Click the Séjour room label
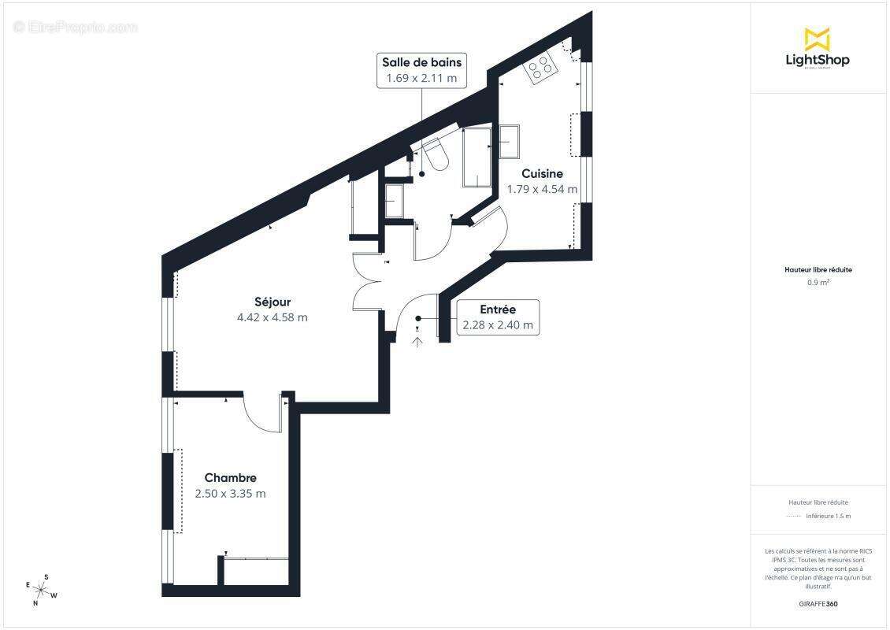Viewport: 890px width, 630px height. pyautogui.click(x=273, y=302)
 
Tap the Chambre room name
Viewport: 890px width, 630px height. pyautogui.click(x=230, y=478)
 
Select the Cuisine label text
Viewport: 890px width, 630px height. pyautogui.click(x=542, y=173)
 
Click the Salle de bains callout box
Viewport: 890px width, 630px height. pyautogui.click(x=421, y=70)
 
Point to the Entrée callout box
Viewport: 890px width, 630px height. pyautogui.click(x=497, y=317)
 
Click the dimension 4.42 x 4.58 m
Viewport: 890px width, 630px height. pyautogui.click(x=273, y=318)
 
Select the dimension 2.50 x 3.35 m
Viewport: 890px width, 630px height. pyautogui.click(x=230, y=494)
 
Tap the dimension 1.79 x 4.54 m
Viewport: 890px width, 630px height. pyautogui.click(x=542, y=189)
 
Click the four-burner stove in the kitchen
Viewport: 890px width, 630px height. pyautogui.click(x=541, y=69)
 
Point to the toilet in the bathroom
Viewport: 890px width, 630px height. pyautogui.click(x=436, y=155)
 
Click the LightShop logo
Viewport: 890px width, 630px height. pyautogui.click(x=818, y=49)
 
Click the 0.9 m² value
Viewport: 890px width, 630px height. pyautogui.click(x=818, y=282)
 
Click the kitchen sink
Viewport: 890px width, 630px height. pyautogui.click(x=508, y=142)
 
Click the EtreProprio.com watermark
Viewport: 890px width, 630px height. pyautogui.click(x=76, y=28)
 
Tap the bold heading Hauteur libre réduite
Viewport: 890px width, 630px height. pyautogui.click(x=818, y=269)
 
